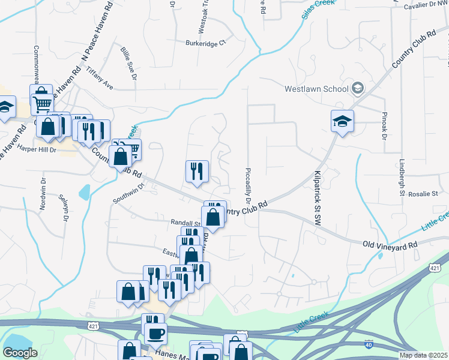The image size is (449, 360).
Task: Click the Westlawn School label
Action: click(316, 89)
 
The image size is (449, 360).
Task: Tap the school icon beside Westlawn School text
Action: click(358, 88)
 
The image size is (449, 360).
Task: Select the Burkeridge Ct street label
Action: click(205, 43)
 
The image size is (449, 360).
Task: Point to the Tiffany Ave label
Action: click(100, 79)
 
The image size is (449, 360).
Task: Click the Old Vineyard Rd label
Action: click(390, 245)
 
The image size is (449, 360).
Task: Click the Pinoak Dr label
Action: click(384, 125)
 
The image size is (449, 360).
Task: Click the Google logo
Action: click(20, 353)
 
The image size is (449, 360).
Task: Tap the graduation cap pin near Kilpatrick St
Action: click(342, 122)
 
